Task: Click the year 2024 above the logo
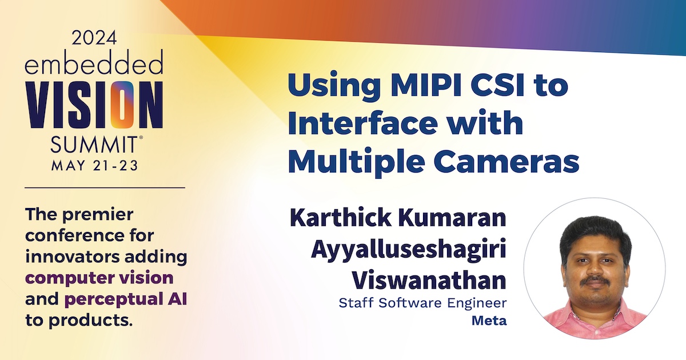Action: pos(94,38)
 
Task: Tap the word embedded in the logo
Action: pos(94,62)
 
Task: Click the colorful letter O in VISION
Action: pos(122,105)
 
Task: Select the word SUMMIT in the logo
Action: pos(94,144)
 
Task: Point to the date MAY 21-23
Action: pos(95,165)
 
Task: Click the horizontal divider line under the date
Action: pos(105,187)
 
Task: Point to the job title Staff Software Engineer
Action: pos(422,303)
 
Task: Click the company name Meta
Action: pos(489,321)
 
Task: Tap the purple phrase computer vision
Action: pos(99,278)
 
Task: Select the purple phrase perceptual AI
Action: pos(126,299)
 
